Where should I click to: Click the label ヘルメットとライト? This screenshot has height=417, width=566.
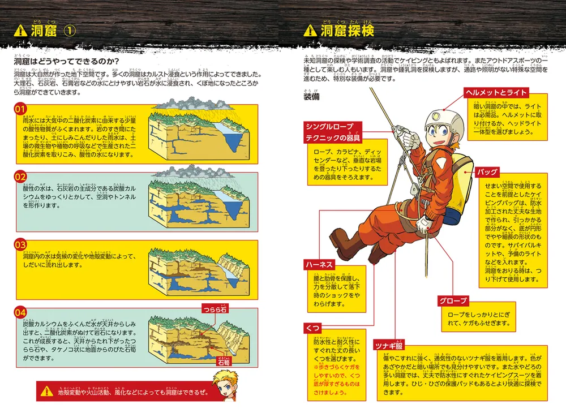(x=496, y=92)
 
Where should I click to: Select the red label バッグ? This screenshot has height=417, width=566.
(x=487, y=171)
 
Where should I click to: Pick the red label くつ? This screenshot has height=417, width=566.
(x=312, y=328)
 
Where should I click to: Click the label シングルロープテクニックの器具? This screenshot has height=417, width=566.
(x=333, y=131)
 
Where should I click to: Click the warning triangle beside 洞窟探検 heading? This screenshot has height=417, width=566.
(x=310, y=31)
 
